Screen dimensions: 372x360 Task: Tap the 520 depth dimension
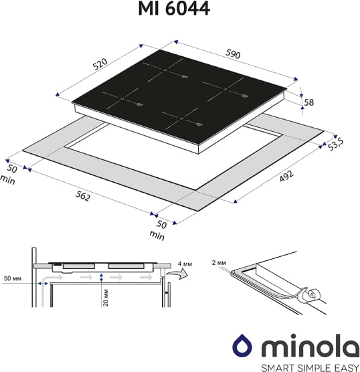point(101,64)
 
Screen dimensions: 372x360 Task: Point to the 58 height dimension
point(308,102)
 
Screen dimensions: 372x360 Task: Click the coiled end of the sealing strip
point(312,295)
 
